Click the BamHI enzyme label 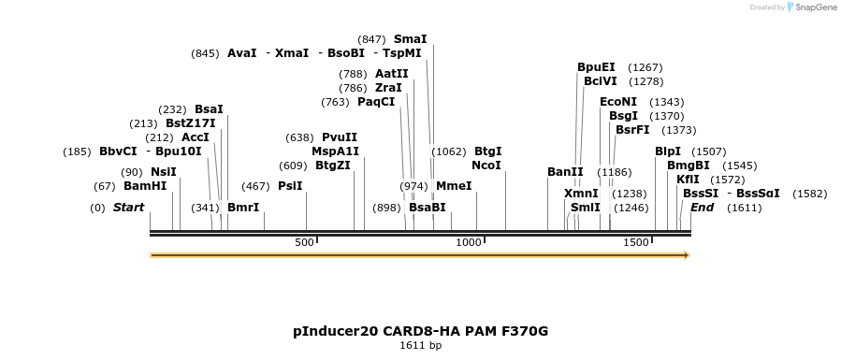click(x=145, y=185)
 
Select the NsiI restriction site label click(x=163, y=171)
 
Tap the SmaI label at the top click(x=410, y=38)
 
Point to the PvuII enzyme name click(x=340, y=137)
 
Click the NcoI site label click(x=486, y=165)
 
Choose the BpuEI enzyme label click(x=596, y=67)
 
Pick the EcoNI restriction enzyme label click(x=617, y=101)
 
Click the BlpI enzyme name click(x=668, y=151)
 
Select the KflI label click(x=689, y=179)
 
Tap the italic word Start click(x=128, y=207)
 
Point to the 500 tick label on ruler click(x=305, y=242)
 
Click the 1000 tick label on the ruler click(x=468, y=242)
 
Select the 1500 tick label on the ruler click(x=636, y=242)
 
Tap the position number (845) click(x=205, y=53)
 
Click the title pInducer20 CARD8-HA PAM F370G click(x=420, y=331)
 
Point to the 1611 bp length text click(x=420, y=346)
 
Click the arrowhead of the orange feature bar click(x=687, y=254)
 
